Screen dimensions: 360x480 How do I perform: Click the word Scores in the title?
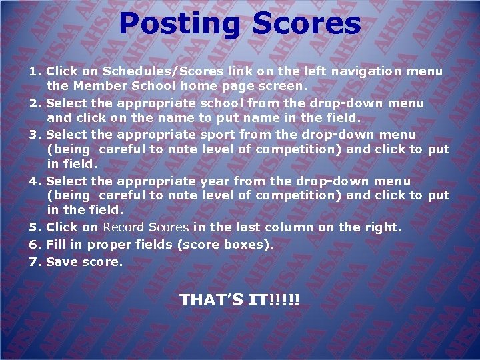(x=306, y=24)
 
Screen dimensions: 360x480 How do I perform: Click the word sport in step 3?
(x=218, y=135)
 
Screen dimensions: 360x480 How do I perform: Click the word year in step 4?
(x=216, y=181)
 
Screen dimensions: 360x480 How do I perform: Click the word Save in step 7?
(x=61, y=262)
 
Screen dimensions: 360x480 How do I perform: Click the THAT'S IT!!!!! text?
(x=240, y=301)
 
